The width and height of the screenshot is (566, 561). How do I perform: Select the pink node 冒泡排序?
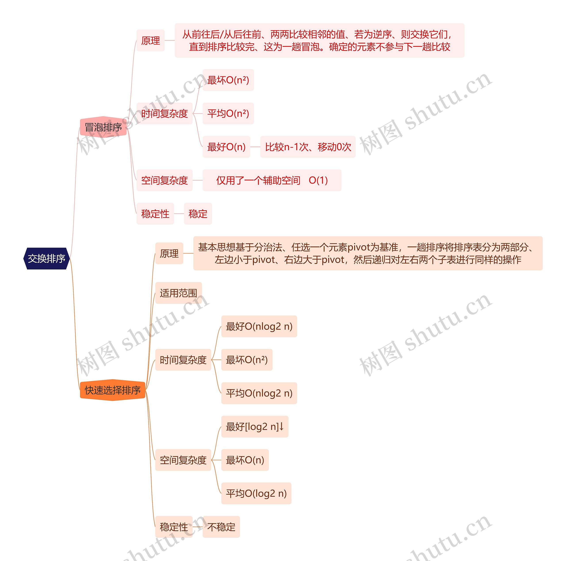pos(103,127)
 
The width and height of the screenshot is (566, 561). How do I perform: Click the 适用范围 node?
pos(178,293)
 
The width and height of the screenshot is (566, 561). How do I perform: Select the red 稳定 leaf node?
pos(198,214)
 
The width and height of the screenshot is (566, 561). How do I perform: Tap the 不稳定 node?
pos(221,527)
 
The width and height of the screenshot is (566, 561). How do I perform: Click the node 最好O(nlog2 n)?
pos(259,326)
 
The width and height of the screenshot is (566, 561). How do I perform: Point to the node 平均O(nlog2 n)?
pos(259,393)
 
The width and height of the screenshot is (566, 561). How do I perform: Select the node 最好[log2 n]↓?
pos(254,427)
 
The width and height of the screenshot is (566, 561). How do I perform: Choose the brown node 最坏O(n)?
pos(245,460)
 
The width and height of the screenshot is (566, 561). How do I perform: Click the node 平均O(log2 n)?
pos(256,493)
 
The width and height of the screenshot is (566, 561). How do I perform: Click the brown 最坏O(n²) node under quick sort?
pos(247,360)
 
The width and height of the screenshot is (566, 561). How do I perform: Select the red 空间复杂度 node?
pos(164,180)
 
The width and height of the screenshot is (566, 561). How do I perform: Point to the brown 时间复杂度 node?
pos(183,360)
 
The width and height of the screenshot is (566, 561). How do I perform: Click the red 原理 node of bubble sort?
pos(151,40)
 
